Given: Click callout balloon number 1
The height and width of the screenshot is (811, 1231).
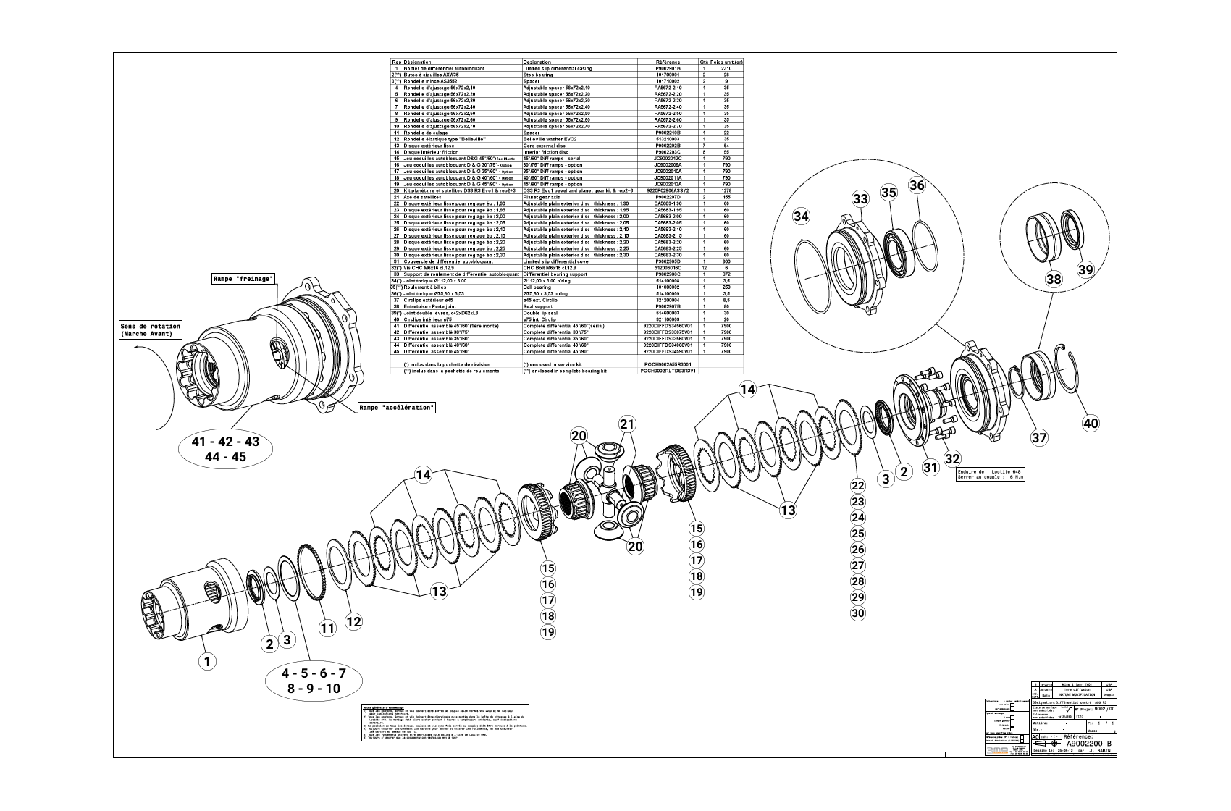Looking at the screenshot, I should pos(207,660).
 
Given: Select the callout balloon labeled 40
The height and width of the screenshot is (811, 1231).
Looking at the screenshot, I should pos(1091,424).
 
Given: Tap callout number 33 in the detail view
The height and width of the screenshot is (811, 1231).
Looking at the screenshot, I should pos(860,198).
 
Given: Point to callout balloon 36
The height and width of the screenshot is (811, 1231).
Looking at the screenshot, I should pos(917,185).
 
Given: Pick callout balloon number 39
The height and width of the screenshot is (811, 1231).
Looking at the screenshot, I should pos(1085,269).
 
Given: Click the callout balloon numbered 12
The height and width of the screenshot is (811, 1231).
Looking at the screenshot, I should pos(353,621).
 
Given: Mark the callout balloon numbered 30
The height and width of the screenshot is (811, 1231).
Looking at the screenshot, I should pos(857,613).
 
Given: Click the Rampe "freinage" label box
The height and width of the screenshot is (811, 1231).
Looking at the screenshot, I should pos(243,279).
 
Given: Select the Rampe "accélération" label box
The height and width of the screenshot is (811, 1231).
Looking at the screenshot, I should pos(398,408).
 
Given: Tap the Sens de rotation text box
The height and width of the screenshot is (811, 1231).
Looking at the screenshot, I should pos(151,330).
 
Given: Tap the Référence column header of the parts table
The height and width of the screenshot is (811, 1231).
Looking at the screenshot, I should pos(667,62).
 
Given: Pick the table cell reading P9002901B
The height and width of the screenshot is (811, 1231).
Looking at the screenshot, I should pos(667,69).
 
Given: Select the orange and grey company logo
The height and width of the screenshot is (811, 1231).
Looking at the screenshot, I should pos(1000,752).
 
